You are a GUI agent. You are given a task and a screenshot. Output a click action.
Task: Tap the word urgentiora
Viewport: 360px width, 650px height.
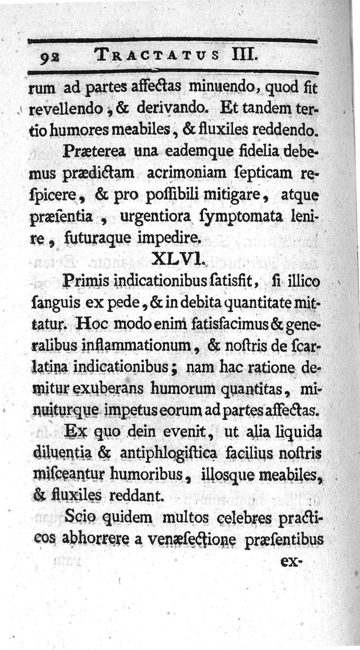pos(152,217)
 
